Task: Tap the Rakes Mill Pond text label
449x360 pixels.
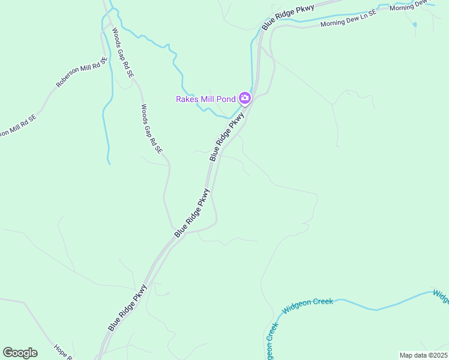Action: tap(205, 99)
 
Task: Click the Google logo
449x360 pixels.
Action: tap(20, 353)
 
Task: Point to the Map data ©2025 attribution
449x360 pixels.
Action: tap(424, 355)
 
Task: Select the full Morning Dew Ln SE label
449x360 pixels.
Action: tap(348, 19)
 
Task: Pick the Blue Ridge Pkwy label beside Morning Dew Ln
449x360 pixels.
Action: tap(288, 17)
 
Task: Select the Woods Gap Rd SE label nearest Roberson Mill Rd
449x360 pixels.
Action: tap(123, 53)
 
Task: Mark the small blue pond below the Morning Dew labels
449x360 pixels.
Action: tap(414, 25)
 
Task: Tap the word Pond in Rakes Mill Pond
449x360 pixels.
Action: tap(226, 99)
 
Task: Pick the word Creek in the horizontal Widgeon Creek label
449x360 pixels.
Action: tap(322, 302)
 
